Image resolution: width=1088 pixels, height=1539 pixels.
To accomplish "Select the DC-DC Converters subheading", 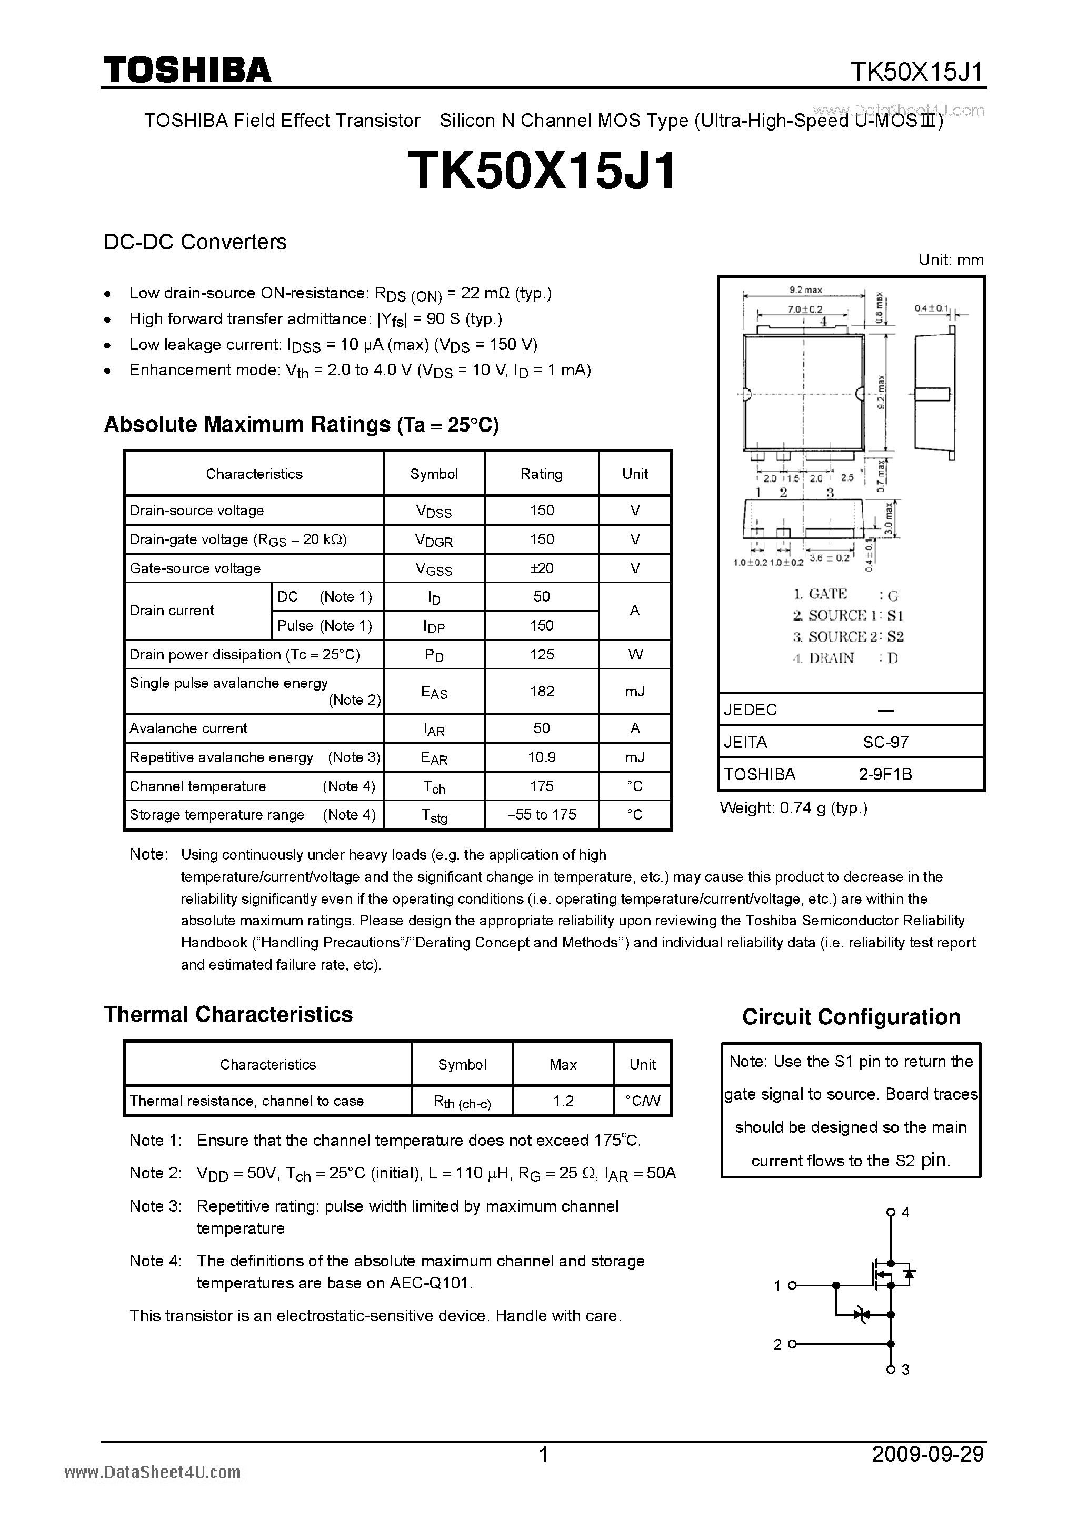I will pyautogui.click(x=195, y=242).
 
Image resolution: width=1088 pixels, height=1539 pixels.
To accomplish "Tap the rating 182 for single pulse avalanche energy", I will pyautogui.click(x=542, y=691).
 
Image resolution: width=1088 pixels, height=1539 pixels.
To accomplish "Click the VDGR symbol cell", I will pyautogui.click(x=434, y=540).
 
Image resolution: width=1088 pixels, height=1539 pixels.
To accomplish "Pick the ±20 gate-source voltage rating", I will pyautogui.click(x=542, y=568).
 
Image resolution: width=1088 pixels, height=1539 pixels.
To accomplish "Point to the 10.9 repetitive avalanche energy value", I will pyautogui.click(x=542, y=757).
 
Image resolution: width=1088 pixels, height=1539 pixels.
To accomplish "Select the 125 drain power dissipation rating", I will pyautogui.click(x=542, y=654).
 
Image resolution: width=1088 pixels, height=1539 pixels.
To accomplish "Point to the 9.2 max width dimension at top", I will pyautogui.click(x=805, y=290).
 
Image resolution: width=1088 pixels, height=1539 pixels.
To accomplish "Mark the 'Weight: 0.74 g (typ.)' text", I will pyautogui.click(x=793, y=808).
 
